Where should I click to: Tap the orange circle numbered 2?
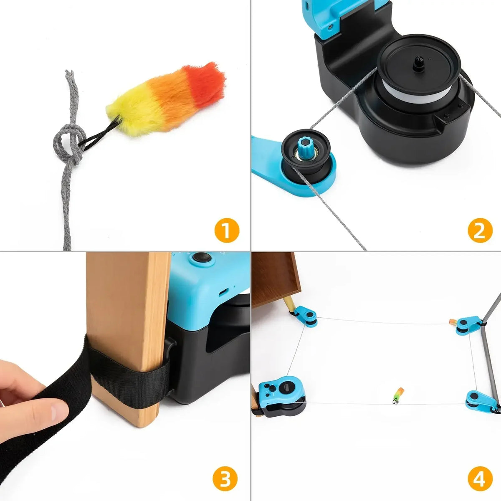click(480, 230)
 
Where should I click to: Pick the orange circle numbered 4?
click(480, 480)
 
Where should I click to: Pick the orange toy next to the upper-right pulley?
click(452, 322)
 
